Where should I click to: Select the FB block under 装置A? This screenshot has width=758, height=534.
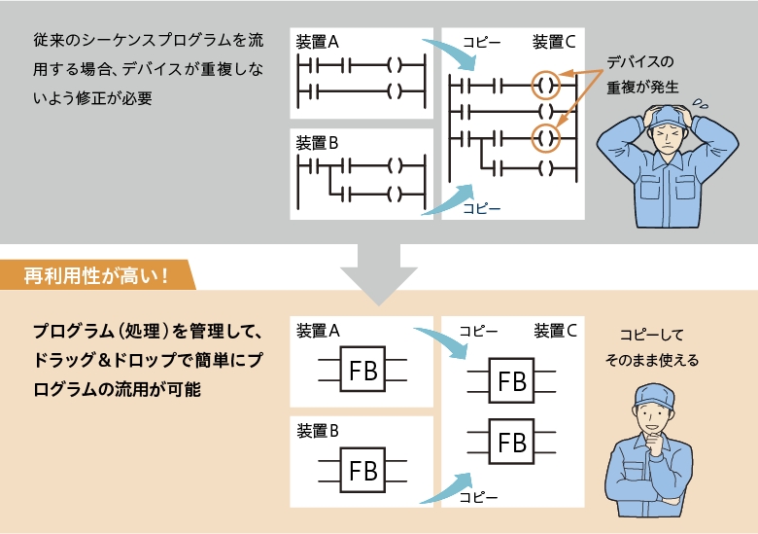[x=362, y=371]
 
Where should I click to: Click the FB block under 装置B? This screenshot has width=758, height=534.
[x=362, y=471]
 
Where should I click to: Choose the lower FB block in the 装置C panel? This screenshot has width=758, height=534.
[x=511, y=443]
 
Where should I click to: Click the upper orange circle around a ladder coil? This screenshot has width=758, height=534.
[x=546, y=85]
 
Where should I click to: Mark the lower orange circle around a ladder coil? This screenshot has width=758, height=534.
[x=546, y=138]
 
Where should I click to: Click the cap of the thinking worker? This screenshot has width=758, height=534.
[x=652, y=394]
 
